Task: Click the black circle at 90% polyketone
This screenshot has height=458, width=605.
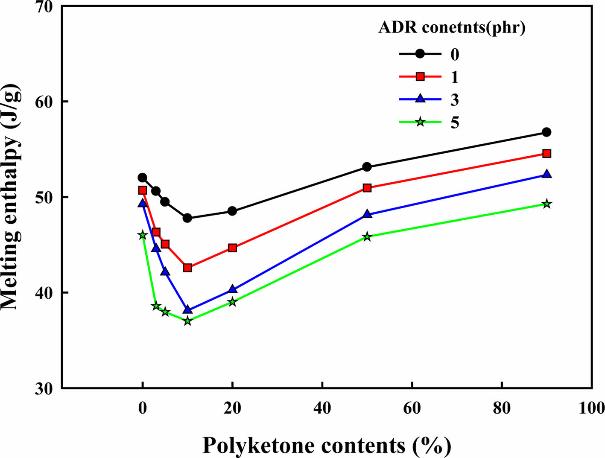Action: tap(546, 132)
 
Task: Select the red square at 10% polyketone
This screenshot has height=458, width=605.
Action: tap(187, 268)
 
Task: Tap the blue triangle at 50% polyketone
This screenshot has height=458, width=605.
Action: tap(367, 214)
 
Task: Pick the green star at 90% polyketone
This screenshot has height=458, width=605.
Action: tap(546, 204)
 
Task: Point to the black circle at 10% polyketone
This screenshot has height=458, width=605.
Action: tap(187, 218)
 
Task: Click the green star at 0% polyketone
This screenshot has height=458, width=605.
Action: tap(143, 235)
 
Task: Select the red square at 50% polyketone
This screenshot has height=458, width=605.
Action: tap(367, 188)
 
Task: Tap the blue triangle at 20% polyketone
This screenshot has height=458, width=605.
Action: tap(232, 289)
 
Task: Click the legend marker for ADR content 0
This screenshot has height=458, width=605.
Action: tap(420, 54)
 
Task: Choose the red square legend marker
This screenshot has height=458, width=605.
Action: tap(420, 77)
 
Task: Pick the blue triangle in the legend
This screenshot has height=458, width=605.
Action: tap(420, 99)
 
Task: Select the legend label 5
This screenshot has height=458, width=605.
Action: tap(455, 123)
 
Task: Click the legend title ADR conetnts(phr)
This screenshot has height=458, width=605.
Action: tap(452, 27)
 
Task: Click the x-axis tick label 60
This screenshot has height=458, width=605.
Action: tap(412, 408)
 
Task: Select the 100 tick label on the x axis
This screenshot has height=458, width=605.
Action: tap(591, 408)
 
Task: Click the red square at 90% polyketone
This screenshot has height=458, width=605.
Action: tap(546, 154)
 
